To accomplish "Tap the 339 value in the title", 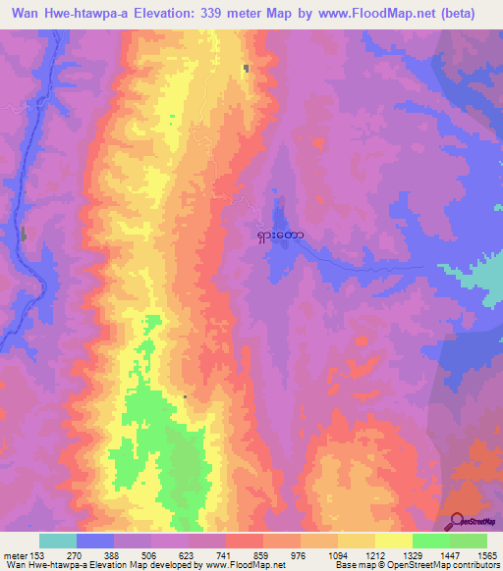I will [235, 13].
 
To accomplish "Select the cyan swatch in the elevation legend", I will [57, 541].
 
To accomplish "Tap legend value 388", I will [113, 555].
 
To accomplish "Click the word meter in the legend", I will [15, 555].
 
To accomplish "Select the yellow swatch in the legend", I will [393, 541].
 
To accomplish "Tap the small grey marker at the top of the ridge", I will [247, 68].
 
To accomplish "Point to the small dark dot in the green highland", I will [185, 396].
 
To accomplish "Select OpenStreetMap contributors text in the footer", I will [458, 566].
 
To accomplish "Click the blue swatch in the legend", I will [94, 541].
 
